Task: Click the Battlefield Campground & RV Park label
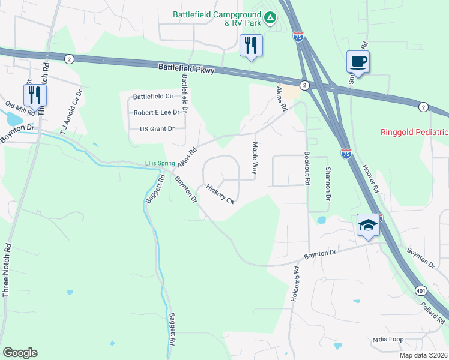[x=217, y=19]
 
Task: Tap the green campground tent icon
[x=271, y=18]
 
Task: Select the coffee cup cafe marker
[x=358, y=62]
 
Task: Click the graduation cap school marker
[x=369, y=225]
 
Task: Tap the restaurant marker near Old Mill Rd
[x=35, y=95]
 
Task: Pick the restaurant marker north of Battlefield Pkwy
[x=251, y=45]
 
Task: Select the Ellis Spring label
[x=160, y=163]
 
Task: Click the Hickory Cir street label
[x=220, y=194]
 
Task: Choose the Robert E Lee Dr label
[x=157, y=112]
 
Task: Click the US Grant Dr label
[x=157, y=128]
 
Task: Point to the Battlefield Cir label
[x=153, y=96]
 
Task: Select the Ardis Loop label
[x=387, y=339]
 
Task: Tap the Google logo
[x=20, y=353]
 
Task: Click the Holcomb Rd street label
[x=295, y=284]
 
